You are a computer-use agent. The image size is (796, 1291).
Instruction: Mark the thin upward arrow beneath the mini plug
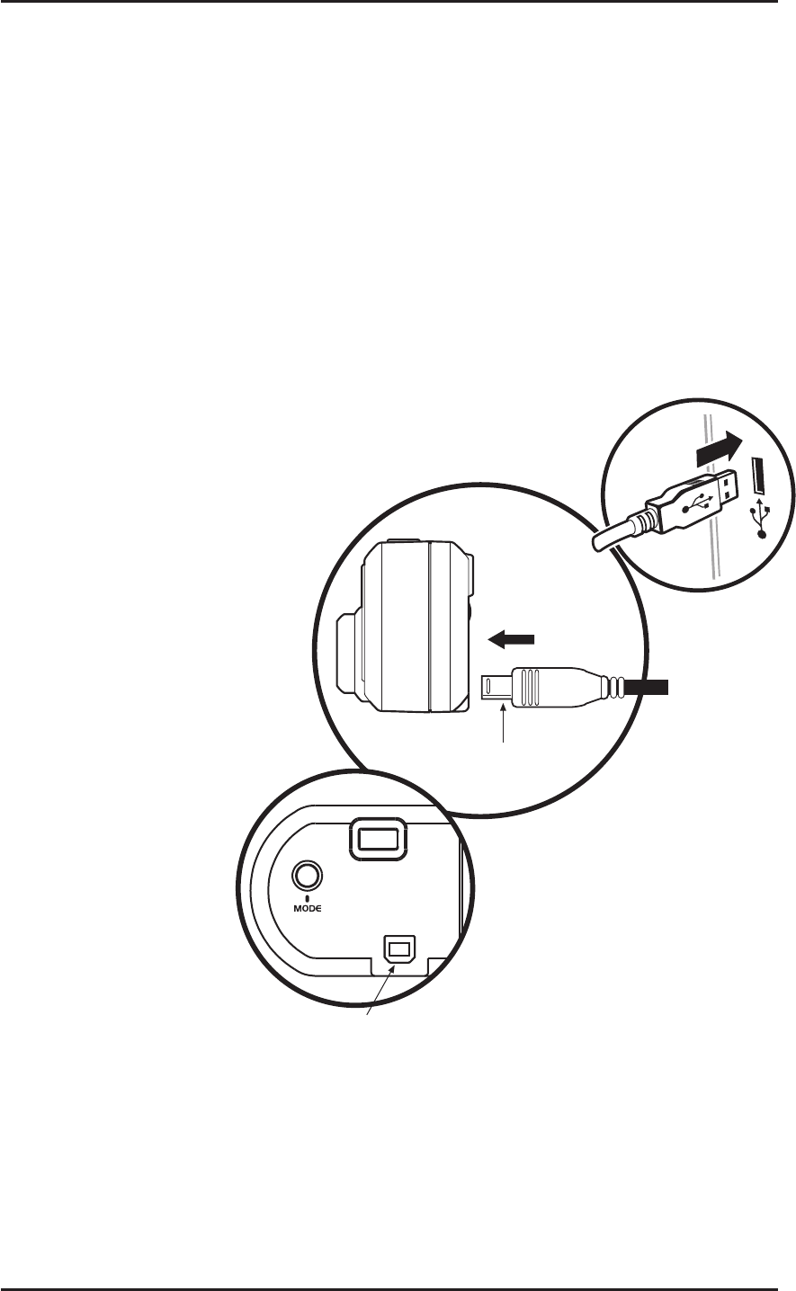click(502, 724)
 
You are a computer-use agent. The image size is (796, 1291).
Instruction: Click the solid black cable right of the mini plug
click(647, 689)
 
